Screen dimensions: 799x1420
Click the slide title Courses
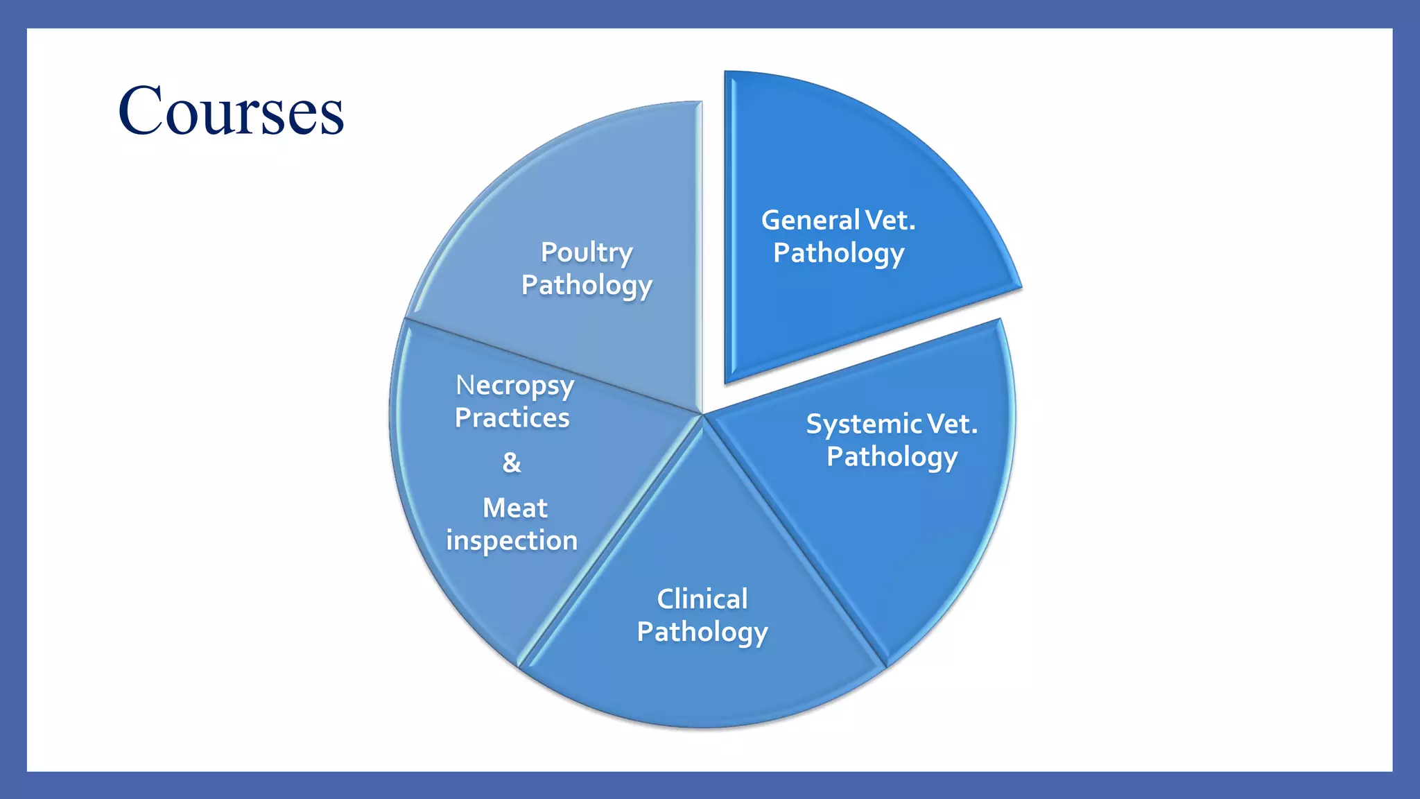click(x=231, y=111)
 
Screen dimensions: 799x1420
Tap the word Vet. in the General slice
click(x=891, y=221)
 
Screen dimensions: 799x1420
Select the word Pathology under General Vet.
click(x=838, y=254)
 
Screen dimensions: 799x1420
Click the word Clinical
click(x=702, y=599)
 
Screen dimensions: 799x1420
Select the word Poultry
click(x=586, y=253)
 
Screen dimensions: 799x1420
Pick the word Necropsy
click(x=514, y=386)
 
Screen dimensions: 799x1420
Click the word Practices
click(x=512, y=418)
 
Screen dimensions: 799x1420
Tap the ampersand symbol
click(x=512, y=463)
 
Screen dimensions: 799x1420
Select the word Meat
click(x=514, y=508)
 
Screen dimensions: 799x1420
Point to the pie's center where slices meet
click(x=702, y=415)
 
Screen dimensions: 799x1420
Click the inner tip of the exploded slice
click(x=727, y=380)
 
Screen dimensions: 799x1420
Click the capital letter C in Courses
click(x=143, y=111)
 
